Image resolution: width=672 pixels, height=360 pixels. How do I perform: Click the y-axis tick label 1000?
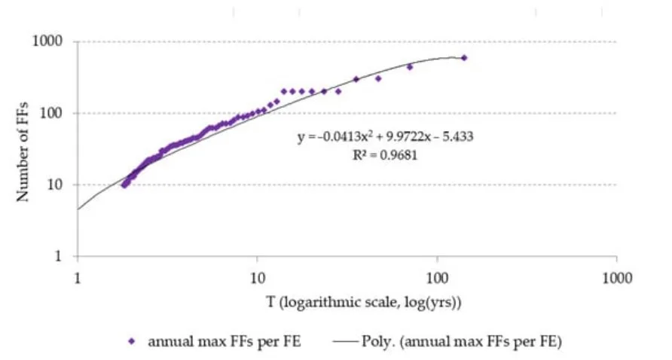click(x=49, y=41)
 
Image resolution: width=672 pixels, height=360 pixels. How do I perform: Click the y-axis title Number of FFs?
click(x=23, y=150)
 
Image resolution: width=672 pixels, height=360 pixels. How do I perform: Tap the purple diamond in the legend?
click(x=131, y=341)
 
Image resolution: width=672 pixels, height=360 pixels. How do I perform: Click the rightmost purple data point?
click(x=464, y=58)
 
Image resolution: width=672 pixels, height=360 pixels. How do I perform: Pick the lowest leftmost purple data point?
click(x=124, y=185)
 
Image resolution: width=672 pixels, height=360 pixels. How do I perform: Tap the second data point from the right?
click(x=410, y=67)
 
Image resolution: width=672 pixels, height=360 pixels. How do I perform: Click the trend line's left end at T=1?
click(x=78, y=209)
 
